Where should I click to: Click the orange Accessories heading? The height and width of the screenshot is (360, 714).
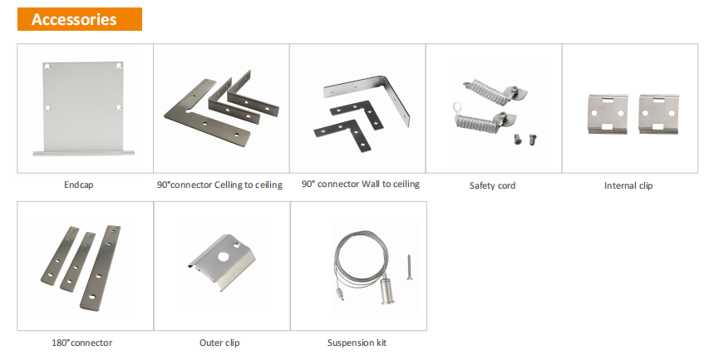[x=80, y=19]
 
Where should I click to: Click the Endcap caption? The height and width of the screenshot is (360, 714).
[x=79, y=185]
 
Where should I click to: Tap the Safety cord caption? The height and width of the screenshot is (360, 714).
[x=492, y=185]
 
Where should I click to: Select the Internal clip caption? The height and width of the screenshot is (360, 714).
[x=628, y=185]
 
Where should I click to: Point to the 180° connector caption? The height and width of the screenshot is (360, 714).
[x=82, y=343]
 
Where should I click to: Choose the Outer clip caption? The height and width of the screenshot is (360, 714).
[x=219, y=343]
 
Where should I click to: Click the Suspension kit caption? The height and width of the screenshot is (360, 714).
[x=357, y=343]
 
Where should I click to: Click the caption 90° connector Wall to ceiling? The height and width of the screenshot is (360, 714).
[x=361, y=184]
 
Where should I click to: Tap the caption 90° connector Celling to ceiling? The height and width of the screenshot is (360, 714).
[x=219, y=185]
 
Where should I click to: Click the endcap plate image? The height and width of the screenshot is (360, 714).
[x=83, y=108]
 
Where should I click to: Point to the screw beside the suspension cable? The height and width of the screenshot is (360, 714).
[x=410, y=267]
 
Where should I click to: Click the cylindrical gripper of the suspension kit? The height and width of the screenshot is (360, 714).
[x=387, y=291]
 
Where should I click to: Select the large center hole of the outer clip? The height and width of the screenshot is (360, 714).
[x=223, y=257]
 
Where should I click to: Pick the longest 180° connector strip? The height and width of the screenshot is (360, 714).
[x=101, y=268]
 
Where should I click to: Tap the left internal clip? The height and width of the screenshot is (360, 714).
[x=608, y=114]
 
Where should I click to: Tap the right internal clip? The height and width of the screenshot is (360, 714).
[x=659, y=114]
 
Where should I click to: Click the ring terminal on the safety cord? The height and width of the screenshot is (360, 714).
[x=456, y=108]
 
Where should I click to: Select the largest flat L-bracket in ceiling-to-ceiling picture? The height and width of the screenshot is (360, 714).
[x=206, y=120]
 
